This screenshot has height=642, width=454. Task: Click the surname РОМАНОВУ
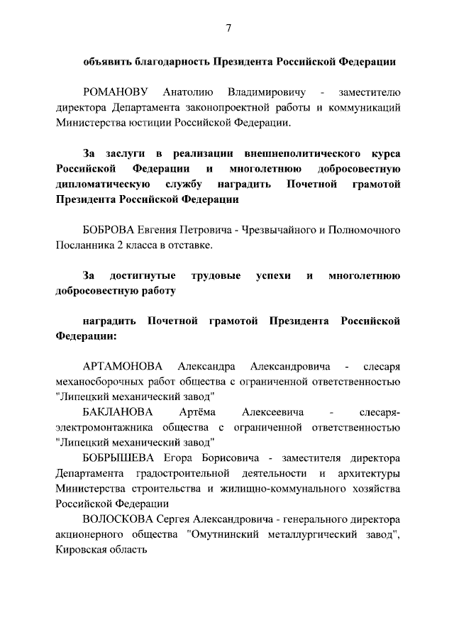[115, 93]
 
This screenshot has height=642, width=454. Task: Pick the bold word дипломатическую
[94, 184]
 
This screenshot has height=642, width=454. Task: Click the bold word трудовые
[216, 276]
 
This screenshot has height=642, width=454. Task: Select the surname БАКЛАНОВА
[117, 412]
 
